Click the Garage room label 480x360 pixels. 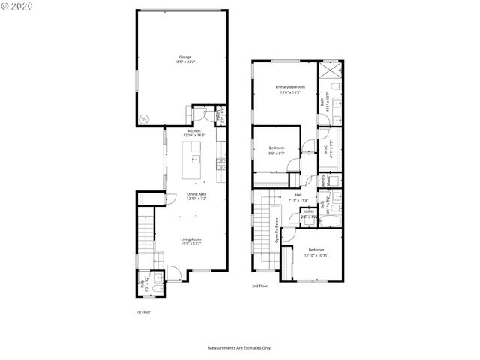click(x=184, y=59)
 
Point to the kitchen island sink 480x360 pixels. click(x=195, y=158)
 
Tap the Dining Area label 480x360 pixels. click(x=196, y=196)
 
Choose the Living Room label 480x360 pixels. click(x=190, y=241)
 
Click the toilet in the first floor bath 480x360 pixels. click(x=155, y=287)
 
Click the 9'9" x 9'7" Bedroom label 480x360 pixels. click(x=277, y=150)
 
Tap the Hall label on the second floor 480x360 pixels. click(x=298, y=198)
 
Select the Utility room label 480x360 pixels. click(x=309, y=214)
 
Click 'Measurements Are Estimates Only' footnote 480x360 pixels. click(x=239, y=348)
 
